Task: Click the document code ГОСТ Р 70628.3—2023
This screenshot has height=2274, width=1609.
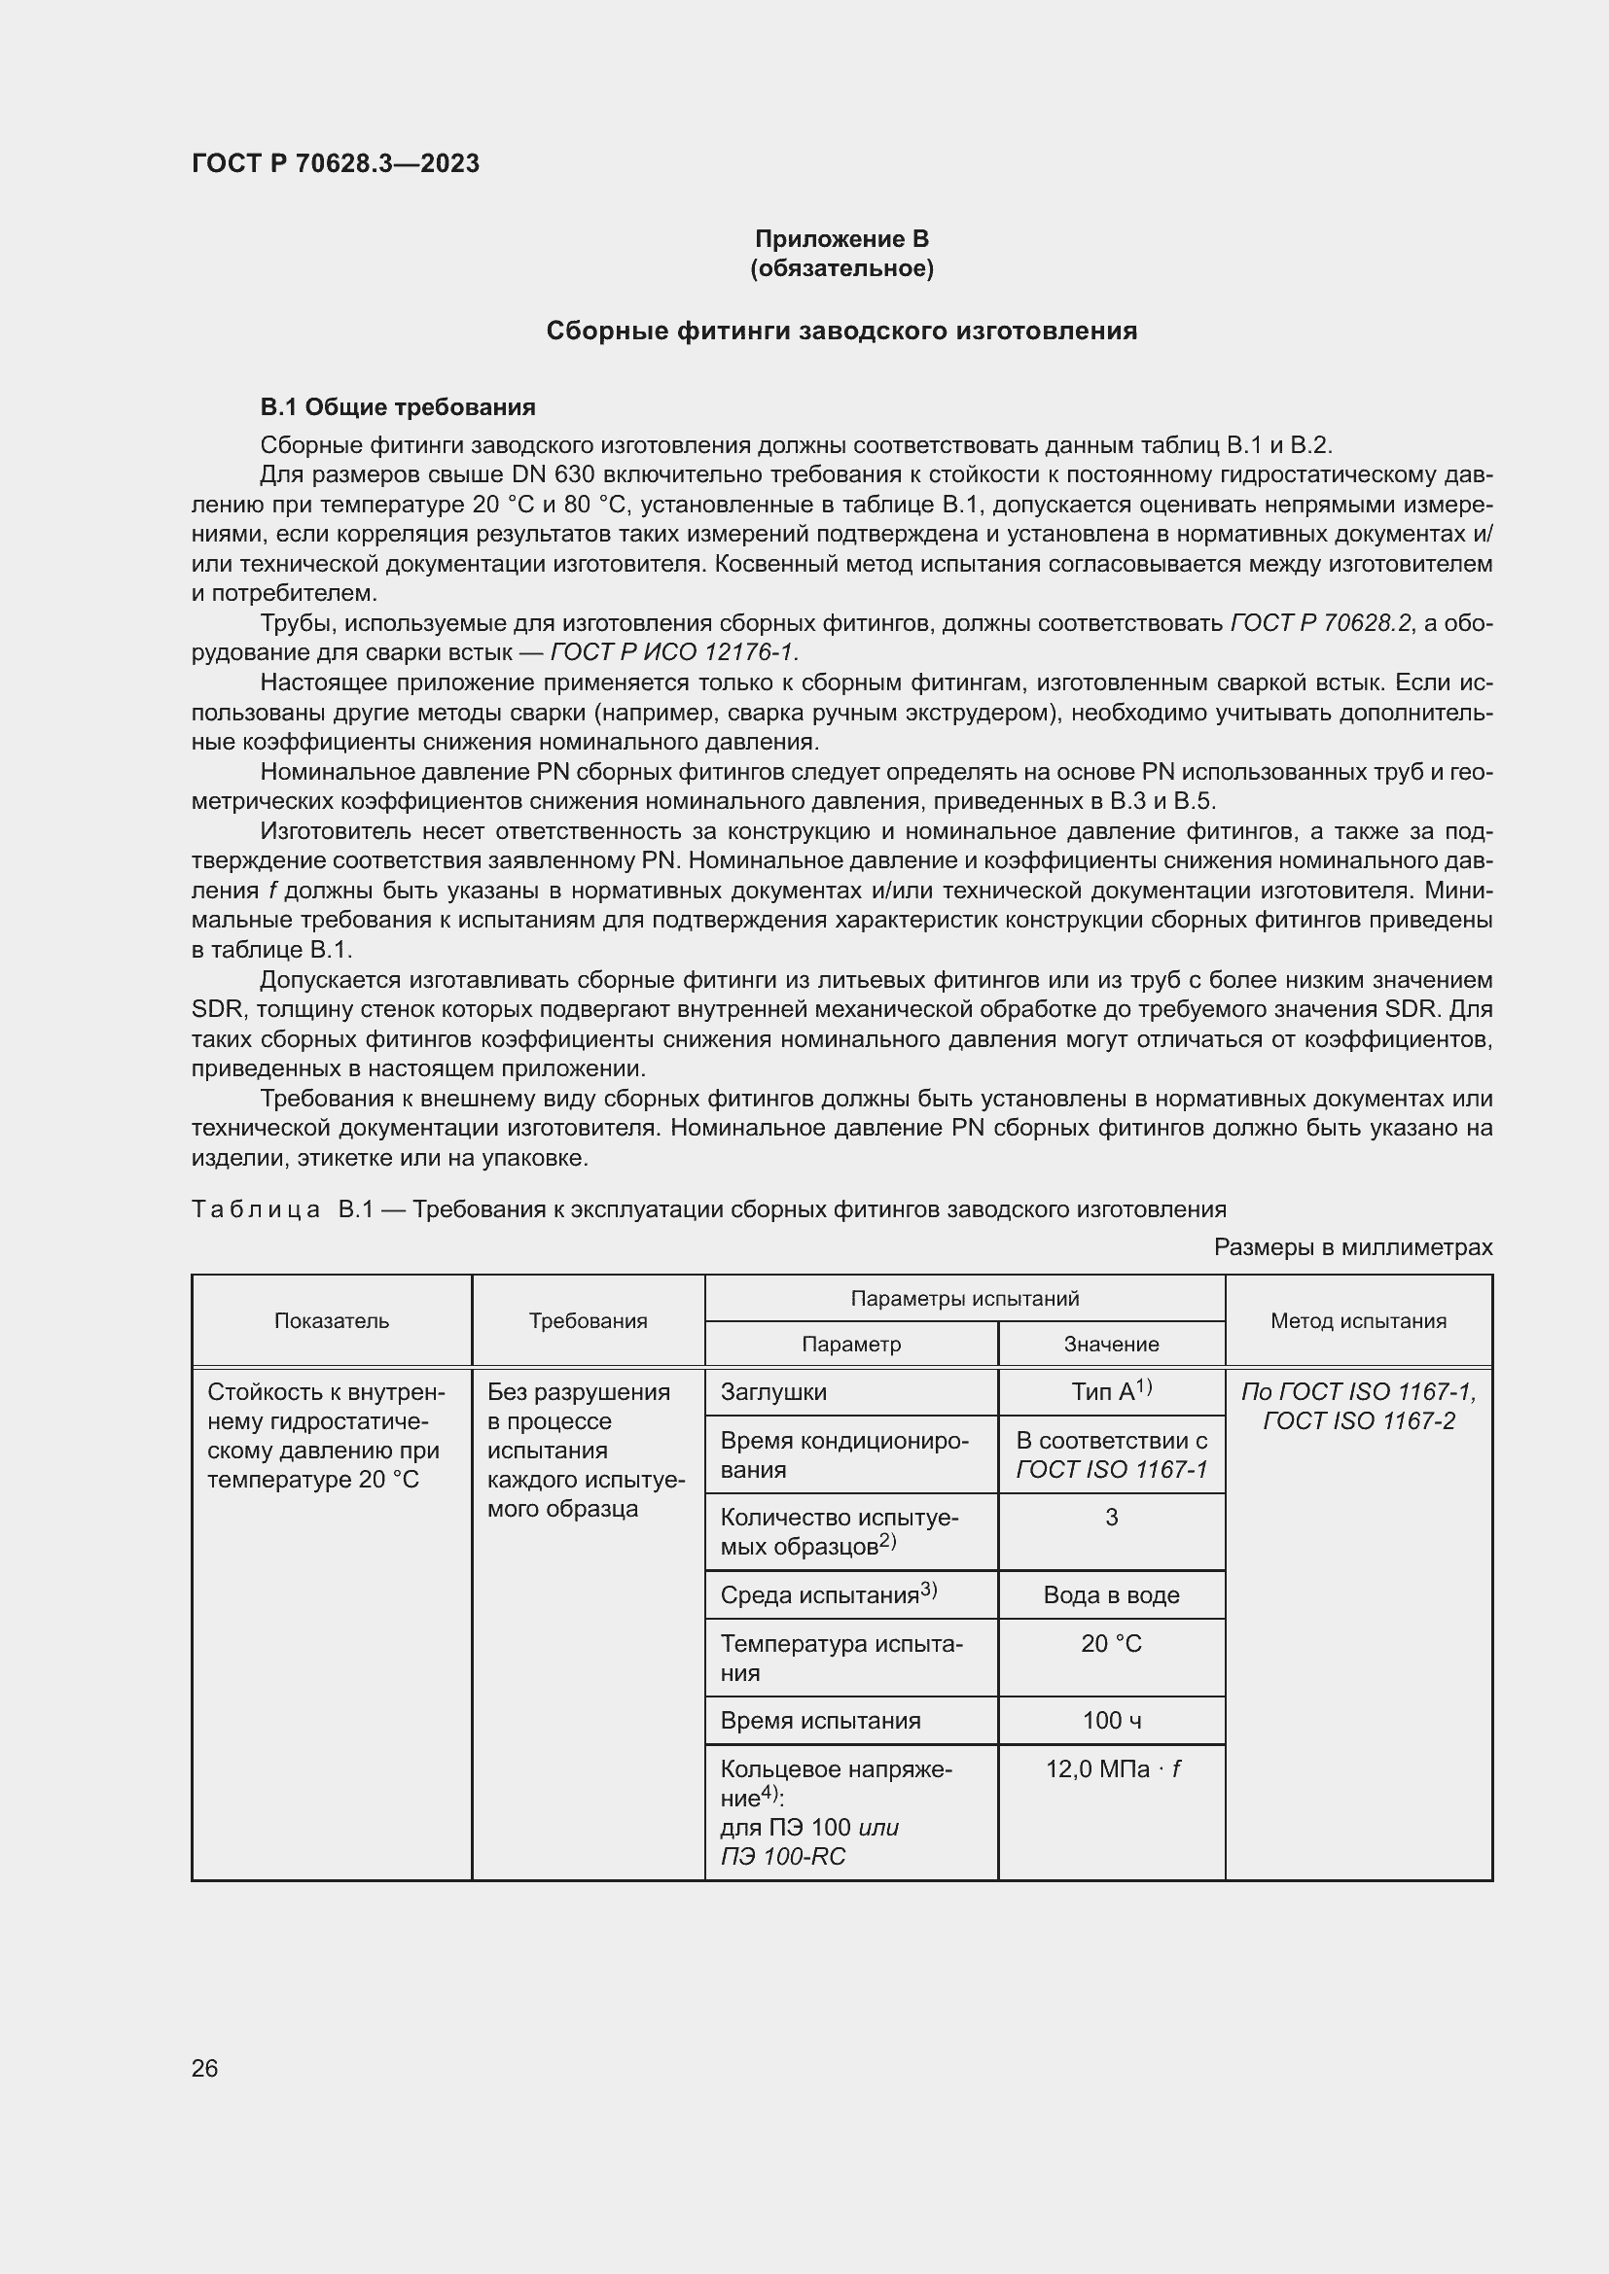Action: click(335, 163)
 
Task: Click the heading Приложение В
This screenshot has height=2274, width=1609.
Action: click(841, 239)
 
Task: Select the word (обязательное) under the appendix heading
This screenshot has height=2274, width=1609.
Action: click(841, 268)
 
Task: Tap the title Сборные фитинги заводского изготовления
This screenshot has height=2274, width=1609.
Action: click(841, 331)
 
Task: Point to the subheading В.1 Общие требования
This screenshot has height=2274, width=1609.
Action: click(397, 407)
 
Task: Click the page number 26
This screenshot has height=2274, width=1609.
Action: click(205, 2068)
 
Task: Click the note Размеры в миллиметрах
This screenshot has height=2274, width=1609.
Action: click(1352, 1247)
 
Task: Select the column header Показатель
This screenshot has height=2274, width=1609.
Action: click(332, 1320)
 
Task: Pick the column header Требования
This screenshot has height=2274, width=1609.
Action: click(588, 1320)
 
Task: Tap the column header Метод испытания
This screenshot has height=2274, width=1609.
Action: click(1357, 1320)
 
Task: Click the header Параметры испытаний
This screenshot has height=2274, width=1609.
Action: click(964, 1299)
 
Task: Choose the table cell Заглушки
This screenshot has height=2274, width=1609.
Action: click(773, 1391)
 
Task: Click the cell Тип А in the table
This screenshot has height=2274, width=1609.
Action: click(1111, 1391)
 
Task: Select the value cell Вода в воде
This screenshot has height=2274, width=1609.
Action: click(1111, 1594)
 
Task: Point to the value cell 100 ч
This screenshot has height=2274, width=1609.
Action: click(1111, 1721)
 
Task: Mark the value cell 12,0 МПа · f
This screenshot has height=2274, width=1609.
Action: click(1112, 1768)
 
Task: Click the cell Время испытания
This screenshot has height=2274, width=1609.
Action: click(820, 1721)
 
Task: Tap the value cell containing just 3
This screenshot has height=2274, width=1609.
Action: click(1111, 1518)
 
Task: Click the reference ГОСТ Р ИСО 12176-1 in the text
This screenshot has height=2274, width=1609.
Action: click(674, 652)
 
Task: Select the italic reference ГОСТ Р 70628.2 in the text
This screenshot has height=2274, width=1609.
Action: click(1320, 623)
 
